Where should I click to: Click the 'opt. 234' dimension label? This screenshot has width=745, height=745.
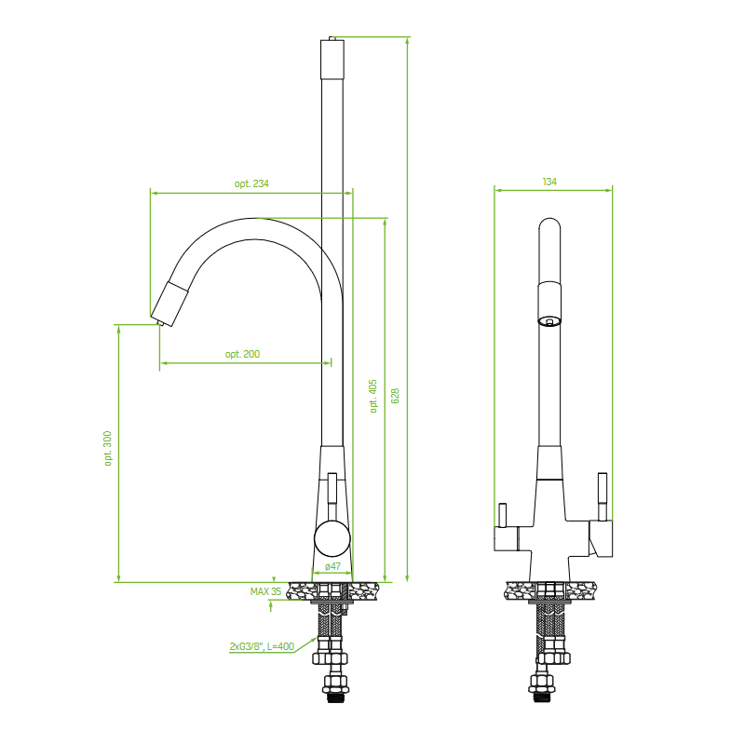pyautogui.click(x=251, y=183)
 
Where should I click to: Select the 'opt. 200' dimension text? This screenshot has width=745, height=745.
pyautogui.click(x=242, y=354)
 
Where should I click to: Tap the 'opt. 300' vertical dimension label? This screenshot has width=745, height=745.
pyautogui.click(x=108, y=448)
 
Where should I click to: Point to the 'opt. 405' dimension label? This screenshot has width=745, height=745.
pyautogui.click(x=373, y=396)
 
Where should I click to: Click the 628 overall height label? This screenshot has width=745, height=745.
pyautogui.click(x=395, y=396)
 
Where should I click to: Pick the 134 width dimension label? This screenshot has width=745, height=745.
pyautogui.click(x=549, y=182)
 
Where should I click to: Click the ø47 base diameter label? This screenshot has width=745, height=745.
pyautogui.click(x=332, y=566)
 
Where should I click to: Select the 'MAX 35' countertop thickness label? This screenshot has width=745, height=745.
pyautogui.click(x=265, y=591)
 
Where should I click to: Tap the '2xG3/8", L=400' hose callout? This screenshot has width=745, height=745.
pyautogui.click(x=262, y=646)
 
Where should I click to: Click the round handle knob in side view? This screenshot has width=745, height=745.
pyautogui.click(x=332, y=538)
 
